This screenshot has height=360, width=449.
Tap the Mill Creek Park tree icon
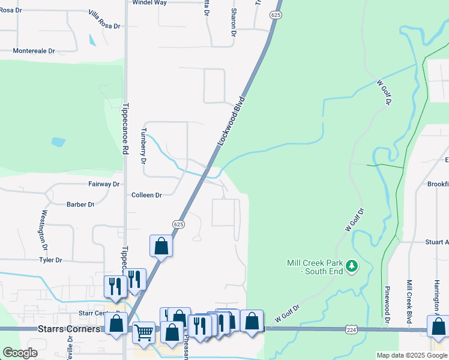[x=354, y=265]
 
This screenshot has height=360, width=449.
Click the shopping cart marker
[x=143, y=331]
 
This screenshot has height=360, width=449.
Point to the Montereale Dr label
[x=34, y=51]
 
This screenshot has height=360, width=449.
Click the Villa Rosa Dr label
[x=104, y=20]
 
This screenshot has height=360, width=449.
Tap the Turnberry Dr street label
[x=143, y=146]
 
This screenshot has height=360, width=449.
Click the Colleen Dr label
[x=147, y=195]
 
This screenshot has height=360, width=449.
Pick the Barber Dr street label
[x=81, y=205]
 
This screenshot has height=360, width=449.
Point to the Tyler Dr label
[x=51, y=260]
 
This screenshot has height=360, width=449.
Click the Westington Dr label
[x=44, y=230]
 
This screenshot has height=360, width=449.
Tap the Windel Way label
[x=149, y=3]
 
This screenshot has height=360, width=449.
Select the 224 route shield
[x=352, y=330]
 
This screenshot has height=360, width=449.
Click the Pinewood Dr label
[x=387, y=304]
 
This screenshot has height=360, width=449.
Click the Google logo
[x=20, y=353]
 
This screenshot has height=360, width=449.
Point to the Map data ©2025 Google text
[x=411, y=355]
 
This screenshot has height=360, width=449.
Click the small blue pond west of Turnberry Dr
[x=58, y=142]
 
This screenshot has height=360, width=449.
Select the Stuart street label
[x=436, y=242]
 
